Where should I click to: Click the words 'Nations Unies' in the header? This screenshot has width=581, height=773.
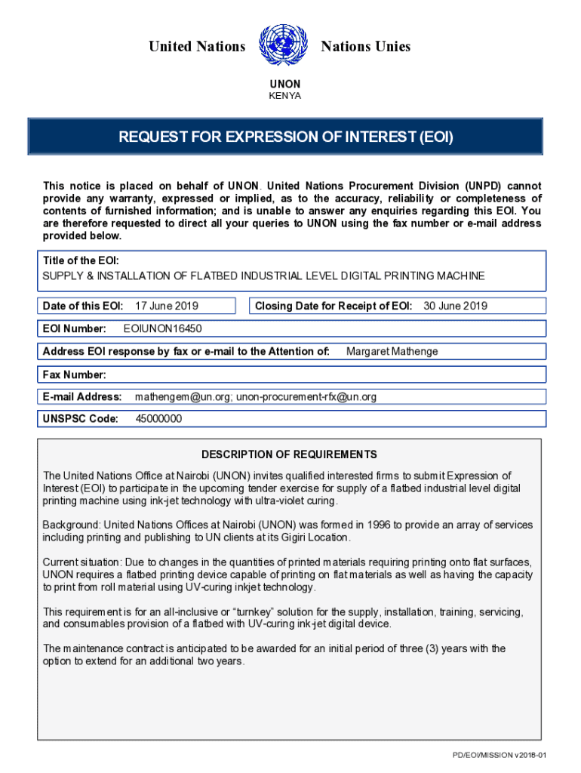click(366, 47)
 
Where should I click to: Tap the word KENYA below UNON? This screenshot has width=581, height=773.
click(284, 96)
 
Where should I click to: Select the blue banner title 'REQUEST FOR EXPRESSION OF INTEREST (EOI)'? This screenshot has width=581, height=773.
click(285, 137)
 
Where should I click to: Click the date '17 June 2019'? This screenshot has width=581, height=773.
click(166, 306)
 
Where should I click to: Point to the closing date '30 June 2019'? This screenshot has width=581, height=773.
click(455, 306)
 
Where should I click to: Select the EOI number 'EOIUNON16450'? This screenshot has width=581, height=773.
click(162, 328)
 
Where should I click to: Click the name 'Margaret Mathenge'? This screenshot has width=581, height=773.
click(392, 351)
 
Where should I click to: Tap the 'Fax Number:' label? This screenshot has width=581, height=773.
click(74, 374)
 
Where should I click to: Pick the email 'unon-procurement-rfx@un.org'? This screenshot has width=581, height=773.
click(306, 396)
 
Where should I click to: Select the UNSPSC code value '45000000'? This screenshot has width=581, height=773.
click(158, 419)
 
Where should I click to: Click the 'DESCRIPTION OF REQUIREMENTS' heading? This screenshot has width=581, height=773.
click(289, 454)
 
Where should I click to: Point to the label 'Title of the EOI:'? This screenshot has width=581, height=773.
click(81, 260)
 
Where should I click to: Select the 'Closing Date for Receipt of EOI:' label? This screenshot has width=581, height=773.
click(334, 306)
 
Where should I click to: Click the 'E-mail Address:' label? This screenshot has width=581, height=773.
click(82, 396)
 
